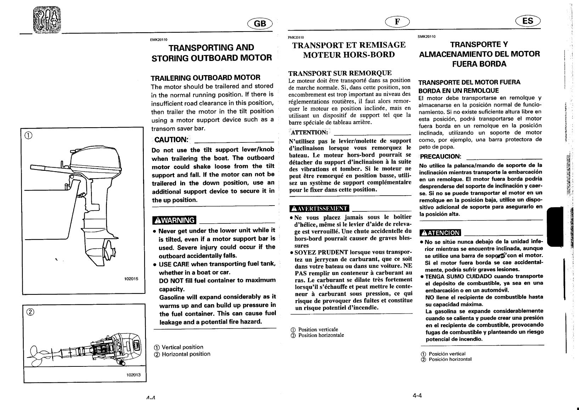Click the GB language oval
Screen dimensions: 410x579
pyautogui.click(x=260, y=23)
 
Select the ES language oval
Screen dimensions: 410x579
pyautogui.click(x=527, y=21)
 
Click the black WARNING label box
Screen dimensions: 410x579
pyautogui.click(x=174, y=220)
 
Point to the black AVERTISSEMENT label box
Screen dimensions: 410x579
pyautogui.click(x=319, y=208)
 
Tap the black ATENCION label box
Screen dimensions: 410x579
pyautogui.click(x=440, y=233)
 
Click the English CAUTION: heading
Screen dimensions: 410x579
pyautogui.click(x=171, y=140)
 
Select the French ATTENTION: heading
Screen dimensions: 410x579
pyautogui.click(x=309, y=133)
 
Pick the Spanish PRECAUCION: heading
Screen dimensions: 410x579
pyautogui.click(x=440, y=156)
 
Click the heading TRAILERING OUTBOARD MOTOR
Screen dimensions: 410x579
pyautogui.click(x=205, y=77)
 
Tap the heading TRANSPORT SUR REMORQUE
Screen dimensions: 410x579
pyautogui.click(x=340, y=73)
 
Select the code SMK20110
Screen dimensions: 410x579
pyautogui.click(x=426, y=36)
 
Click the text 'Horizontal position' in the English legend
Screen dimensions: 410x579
pyautogui.click(x=186, y=354)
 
